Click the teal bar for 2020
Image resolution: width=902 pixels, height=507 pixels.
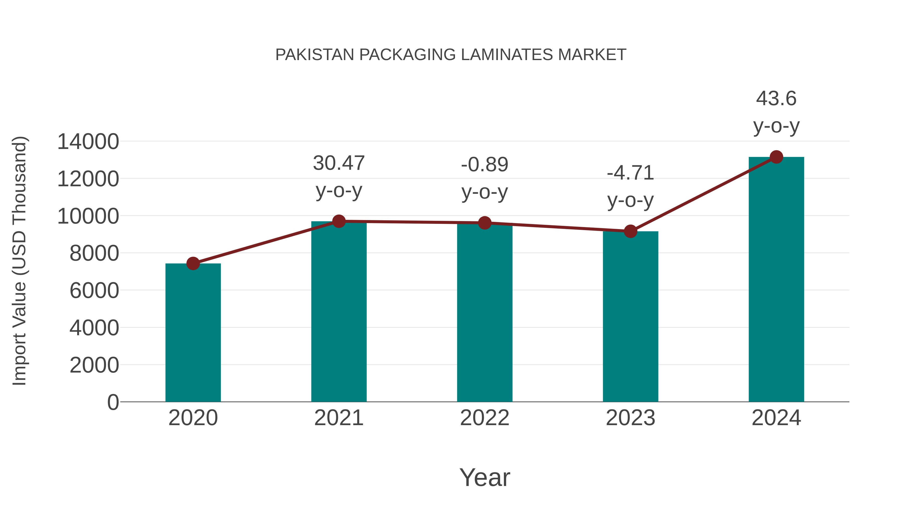(193, 332)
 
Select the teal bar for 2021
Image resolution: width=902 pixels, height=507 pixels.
(339, 311)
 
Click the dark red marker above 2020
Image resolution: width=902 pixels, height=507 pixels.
(193, 263)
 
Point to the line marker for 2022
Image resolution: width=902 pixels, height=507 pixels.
(485, 223)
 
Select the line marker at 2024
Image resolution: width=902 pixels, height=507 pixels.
(776, 157)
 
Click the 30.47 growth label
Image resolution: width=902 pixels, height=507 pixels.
(339, 163)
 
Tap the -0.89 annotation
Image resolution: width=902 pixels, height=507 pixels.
(485, 164)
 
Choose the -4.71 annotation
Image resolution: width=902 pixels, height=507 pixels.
(630, 173)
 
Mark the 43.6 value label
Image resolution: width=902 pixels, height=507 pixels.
(776, 98)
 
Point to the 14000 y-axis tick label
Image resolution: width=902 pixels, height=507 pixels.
(88, 142)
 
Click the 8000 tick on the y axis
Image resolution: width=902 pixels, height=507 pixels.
(94, 253)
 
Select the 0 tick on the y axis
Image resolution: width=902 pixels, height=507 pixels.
(113, 402)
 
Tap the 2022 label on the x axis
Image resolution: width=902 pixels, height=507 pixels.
(485, 418)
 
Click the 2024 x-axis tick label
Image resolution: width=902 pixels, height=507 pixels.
(776, 418)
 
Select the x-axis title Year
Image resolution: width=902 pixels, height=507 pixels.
(485, 477)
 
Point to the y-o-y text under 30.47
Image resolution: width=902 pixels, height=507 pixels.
(339, 191)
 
